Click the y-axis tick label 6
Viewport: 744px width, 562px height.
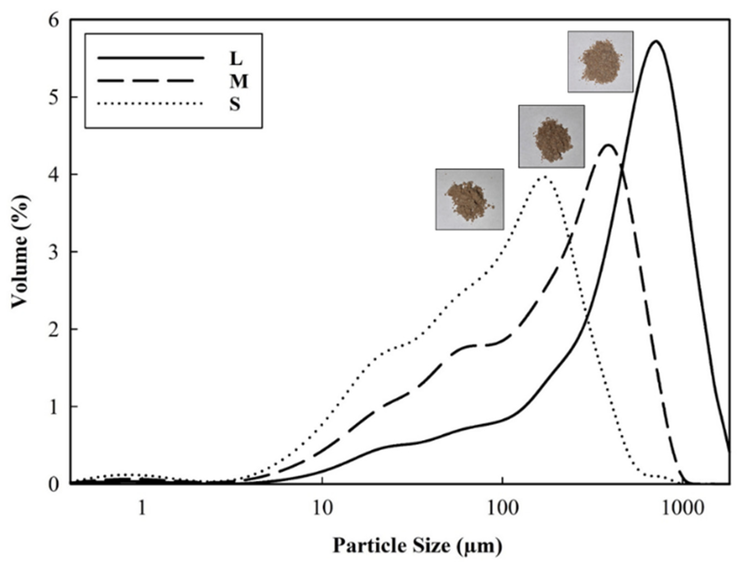pyautogui.click(x=54, y=21)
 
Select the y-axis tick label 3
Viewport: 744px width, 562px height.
pyautogui.click(x=54, y=252)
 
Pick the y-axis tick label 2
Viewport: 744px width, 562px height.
pyautogui.click(x=54, y=329)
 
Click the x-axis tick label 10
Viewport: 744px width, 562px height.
pyautogui.click(x=322, y=509)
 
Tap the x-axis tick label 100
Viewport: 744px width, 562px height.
pyautogui.click(x=502, y=509)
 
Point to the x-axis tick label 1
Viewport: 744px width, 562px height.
pyautogui.click(x=142, y=509)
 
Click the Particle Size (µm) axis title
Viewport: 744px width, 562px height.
pyautogui.click(x=417, y=545)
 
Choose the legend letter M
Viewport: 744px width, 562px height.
pyautogui.click(x=238, y=82)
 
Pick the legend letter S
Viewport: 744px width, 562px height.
pyautogui.click(x=235, y=104)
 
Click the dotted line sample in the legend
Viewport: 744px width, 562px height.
pyautogui.click(x=150, y=104)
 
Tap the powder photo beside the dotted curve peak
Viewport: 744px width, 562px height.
pyautogui.click(x=469, y=199)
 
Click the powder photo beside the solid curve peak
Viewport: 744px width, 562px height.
pyautogui.click(x=600, y=62)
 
